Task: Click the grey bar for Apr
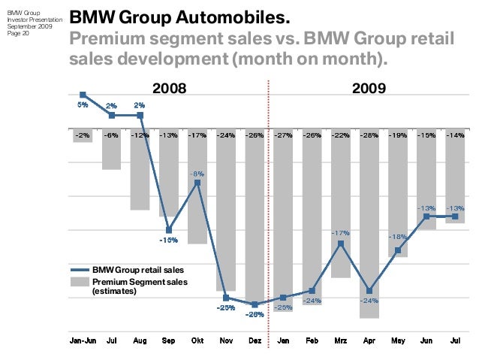[369, 225]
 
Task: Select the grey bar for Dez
[255, 218]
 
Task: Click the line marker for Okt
[197, 182]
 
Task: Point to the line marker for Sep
[169, 230]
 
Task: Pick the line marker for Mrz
[341, 244]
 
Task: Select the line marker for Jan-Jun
[83, 95]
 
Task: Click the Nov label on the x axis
[226, 341]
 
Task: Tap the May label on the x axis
[398, 341]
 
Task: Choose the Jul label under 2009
[455, 341]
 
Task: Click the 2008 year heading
[170, 89]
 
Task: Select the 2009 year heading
[369, 89]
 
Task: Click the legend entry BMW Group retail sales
[137, 270]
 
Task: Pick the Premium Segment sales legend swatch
[80, 282]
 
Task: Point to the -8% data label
[197, 174]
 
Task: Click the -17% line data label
[341, 234]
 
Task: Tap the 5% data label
[83, 105]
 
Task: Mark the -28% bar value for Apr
[369, 135]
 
